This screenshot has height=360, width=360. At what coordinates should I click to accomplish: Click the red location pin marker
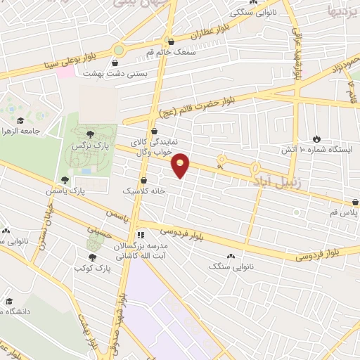click(181, 165)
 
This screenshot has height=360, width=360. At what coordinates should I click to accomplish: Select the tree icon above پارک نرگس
click(89, 134)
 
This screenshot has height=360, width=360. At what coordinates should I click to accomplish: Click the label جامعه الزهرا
click(18, 131)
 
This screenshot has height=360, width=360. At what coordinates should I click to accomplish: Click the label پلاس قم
click(345, 212)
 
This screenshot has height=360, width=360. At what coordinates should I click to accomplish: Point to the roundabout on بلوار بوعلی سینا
click(118, 51)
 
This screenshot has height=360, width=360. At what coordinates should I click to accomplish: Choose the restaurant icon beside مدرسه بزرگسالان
click(141, 234)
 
